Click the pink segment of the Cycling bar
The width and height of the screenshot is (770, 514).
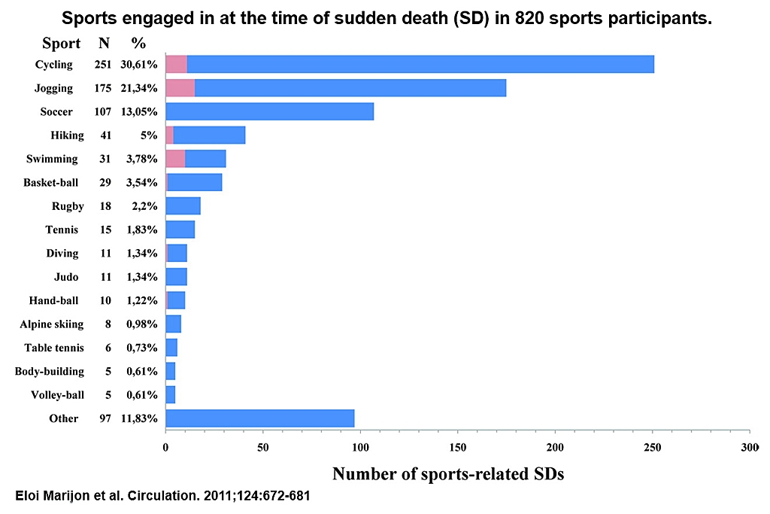pyautogui.click(x=176, y=64)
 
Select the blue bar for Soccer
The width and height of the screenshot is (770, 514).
pyautogui.click(x=269, y=111)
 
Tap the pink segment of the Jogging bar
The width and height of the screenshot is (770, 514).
pyautogui.click(x=180, y=88)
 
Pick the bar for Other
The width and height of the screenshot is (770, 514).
pyautogui.click(x=259, y=418)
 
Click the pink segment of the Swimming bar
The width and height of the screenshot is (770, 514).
pyautogui.click(x=175, y=159)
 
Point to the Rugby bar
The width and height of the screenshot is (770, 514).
pyautogui.click(x=183, y=205)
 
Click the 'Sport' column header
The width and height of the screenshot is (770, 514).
pyautogui.click(x=61, y=43)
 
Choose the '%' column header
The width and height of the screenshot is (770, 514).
pyautogui.click(x=138, y=43)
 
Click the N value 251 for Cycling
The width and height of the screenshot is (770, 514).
pyautogui.click(x=103, y=65)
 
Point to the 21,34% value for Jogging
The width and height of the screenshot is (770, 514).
pyautogui.click(x=139, y=88)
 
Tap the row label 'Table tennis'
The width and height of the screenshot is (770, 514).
pyautogui.click(x=54, y=348)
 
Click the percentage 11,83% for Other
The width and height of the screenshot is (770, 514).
pyautogui.click(x=139, y=418)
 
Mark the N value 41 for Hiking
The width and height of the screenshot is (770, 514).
pyautogui.click(x=105, y=135)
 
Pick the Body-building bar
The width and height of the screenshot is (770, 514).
pyautogui.click(x=170, y=371)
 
